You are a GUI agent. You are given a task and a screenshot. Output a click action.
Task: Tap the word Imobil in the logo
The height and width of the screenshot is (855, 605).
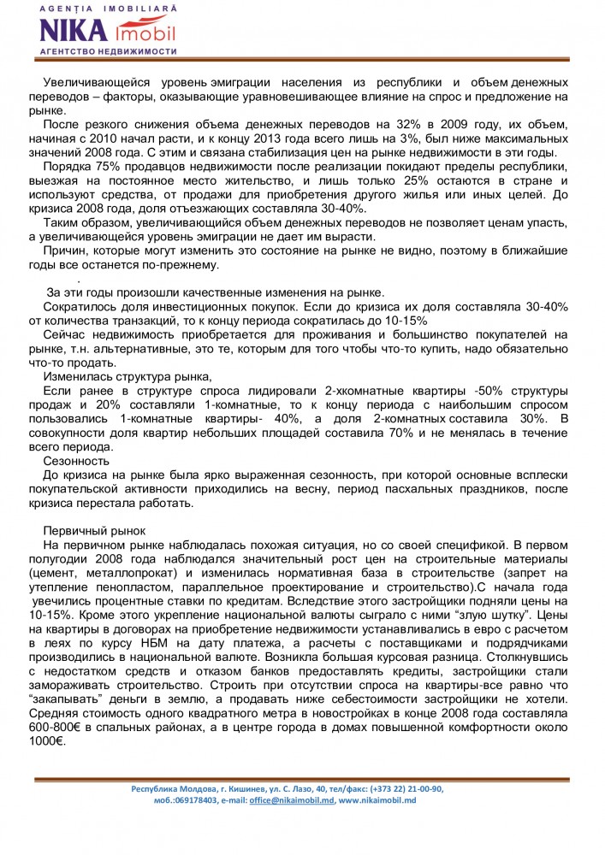point(145,32)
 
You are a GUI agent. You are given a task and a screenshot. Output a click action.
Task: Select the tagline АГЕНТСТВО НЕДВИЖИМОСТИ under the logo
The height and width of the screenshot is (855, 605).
point(109,51)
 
